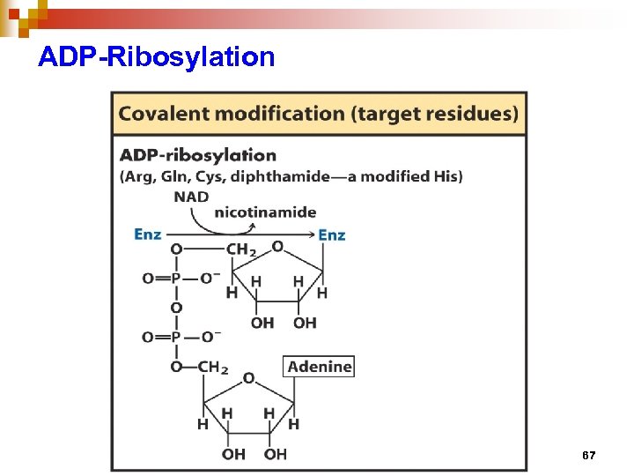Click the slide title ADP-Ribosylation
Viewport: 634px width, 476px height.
(x=157, y=58)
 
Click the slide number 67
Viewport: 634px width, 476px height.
(x=589, y=456)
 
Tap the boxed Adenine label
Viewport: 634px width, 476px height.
(x=320, y=366)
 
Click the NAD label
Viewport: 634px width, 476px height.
(x=191, y=197)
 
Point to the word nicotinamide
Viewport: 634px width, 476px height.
(x=265, y=212)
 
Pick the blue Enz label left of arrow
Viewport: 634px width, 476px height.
(x=148, y=234)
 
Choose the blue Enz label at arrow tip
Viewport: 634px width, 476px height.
(x=332, y=234)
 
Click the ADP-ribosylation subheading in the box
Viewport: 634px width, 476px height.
(x=198, y=155)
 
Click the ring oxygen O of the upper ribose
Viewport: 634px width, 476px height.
(x=277, y=247)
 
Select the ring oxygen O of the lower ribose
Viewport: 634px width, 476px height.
(x=248, y=378)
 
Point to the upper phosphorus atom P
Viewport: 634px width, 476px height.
(x=176, y=279)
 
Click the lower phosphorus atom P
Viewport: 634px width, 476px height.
(x=176, y=338)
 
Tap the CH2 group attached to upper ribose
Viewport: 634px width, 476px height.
(x=240, y=250)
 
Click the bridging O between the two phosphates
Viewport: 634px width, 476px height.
(x=176, y=308)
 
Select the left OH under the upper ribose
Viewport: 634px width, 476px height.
(x=262, y=324)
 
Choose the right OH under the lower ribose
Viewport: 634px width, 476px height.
(x=276, y=454)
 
